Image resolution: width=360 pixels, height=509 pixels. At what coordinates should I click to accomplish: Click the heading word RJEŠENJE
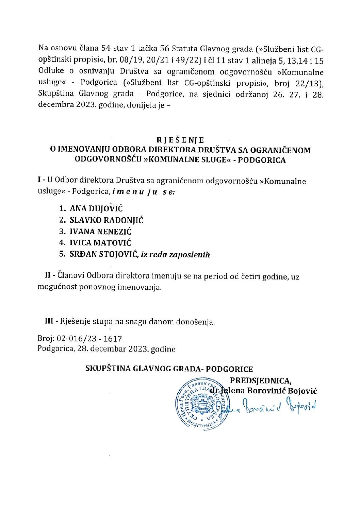180,140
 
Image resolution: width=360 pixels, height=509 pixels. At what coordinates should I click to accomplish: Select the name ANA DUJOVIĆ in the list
96,209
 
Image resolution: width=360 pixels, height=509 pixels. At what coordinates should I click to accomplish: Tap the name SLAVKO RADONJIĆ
107,220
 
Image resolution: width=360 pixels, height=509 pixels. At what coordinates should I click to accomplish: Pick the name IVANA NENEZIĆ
100,232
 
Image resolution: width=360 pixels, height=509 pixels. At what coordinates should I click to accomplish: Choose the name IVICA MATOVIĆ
100,243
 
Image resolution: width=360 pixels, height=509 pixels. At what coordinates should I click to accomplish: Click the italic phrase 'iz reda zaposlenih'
175,254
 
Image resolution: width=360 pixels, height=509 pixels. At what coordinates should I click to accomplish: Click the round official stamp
202,405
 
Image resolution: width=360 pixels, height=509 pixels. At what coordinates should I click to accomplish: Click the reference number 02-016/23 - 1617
89,339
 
